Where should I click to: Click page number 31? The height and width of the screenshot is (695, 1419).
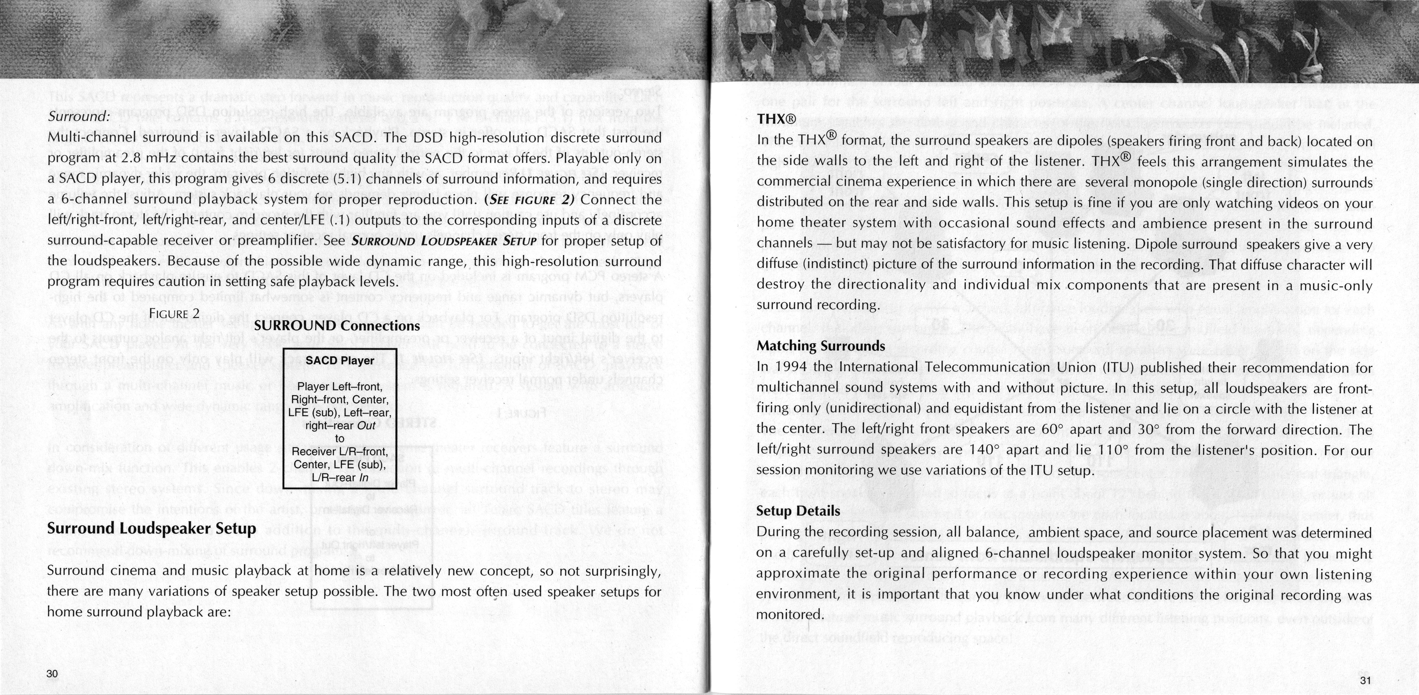1365,680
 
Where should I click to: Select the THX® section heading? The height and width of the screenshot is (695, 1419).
777,119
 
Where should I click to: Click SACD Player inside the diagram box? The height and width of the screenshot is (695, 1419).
340,361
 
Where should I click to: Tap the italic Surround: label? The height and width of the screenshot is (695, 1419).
79,117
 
